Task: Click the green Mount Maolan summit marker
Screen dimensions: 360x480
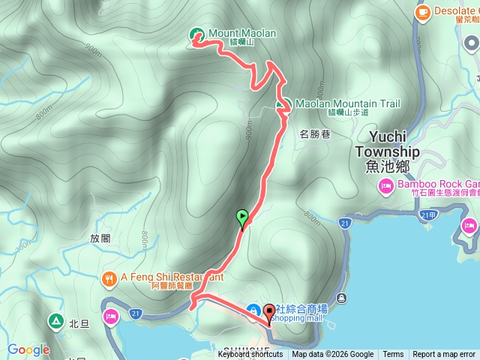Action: (197, 34)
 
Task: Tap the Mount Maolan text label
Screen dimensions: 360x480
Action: (242, 34)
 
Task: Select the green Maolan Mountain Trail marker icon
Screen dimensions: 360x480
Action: (284, 104)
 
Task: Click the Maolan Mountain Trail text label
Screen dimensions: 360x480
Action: (347, 104)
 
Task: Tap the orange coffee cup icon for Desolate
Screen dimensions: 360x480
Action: (422, 11)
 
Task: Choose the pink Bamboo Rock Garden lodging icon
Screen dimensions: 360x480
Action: (386, 186)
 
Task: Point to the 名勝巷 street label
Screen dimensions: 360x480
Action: (314, 134)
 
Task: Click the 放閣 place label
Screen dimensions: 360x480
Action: (100, 238)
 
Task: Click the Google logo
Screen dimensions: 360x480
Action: (28, 349)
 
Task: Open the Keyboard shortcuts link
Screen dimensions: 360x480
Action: (250, 355)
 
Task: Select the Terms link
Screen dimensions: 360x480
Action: (393, 355)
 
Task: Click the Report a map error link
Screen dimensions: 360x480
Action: (444, 355)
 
